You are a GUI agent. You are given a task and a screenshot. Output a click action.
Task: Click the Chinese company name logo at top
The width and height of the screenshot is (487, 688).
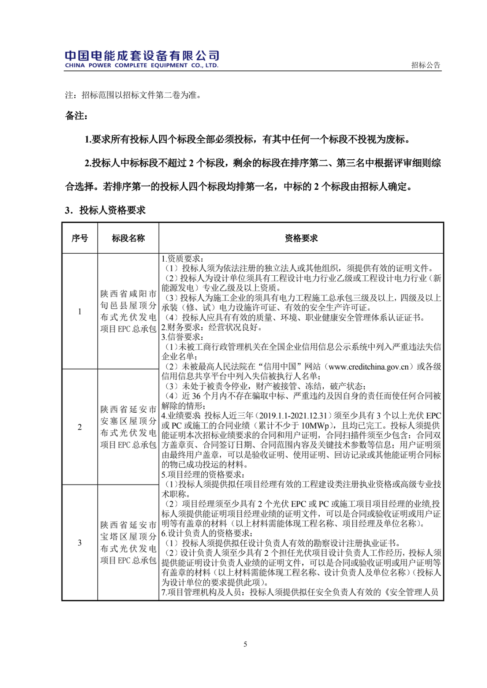[x=142, y=56]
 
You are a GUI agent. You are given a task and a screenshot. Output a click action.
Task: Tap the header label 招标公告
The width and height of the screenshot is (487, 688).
[x=425, y=65]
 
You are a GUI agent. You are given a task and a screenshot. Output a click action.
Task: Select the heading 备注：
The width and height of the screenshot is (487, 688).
[x=76, y=116]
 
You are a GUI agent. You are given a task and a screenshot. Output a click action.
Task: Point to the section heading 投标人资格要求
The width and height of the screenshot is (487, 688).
[x=112, y=210]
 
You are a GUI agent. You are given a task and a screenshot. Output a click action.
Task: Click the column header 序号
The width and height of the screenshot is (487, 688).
[x=80, y=238]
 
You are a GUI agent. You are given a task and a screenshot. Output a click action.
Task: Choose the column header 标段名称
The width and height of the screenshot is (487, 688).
[x=128, y=238]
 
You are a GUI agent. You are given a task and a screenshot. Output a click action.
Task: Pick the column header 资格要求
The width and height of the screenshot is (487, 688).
[x=301, y=238]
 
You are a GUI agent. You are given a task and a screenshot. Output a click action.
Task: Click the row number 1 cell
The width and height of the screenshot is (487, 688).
[x=80, y=311]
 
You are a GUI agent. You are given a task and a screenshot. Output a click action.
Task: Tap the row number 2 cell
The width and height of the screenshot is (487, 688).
[x=80, y=427]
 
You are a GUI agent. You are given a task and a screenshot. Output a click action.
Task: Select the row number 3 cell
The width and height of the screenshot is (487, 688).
[x=80, y=543]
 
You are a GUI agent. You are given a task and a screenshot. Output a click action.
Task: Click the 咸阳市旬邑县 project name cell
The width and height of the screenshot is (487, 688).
[x=128, y=311]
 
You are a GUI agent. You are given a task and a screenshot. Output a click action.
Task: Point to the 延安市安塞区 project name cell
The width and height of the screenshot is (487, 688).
[x=128, y=427]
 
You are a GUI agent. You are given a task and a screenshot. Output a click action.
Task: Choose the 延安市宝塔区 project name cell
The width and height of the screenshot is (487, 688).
[x=128, y=543]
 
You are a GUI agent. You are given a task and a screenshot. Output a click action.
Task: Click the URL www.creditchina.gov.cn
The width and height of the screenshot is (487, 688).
[x=368, y=367]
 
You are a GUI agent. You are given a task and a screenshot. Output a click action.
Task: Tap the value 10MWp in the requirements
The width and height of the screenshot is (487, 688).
[x=316, y=426]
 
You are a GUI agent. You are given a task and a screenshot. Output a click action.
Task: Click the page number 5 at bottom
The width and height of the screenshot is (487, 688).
[x=245, y=644]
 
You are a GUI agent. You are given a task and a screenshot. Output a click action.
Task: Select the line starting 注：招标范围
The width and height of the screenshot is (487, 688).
[x=133, y=95]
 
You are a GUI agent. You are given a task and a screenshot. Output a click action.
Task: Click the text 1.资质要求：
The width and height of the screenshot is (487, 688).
[x=183, y=259]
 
